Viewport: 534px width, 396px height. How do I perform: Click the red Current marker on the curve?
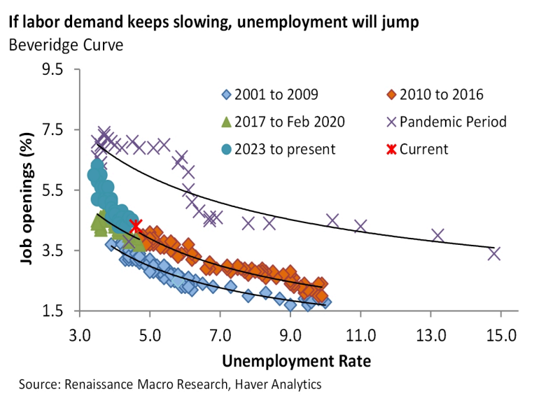[136, 225]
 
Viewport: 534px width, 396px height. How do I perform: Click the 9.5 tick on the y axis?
[53, 70]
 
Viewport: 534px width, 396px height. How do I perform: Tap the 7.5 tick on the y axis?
[53, 130]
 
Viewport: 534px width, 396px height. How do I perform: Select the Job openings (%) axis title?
[27, 190]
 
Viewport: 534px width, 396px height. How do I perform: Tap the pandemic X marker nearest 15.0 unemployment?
[494, 253]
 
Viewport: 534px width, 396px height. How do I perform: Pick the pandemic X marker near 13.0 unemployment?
[438, 235]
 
